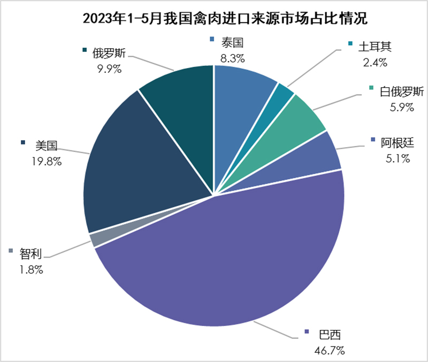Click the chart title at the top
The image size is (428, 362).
pyautogui.click(x=214, y=20)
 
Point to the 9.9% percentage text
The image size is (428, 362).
pyautogui.click(x=108, y=68)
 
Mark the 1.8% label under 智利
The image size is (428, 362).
pyautogui.click(x=31, y=269)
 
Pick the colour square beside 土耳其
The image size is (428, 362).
pyautogui.click(x=350, y=43)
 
